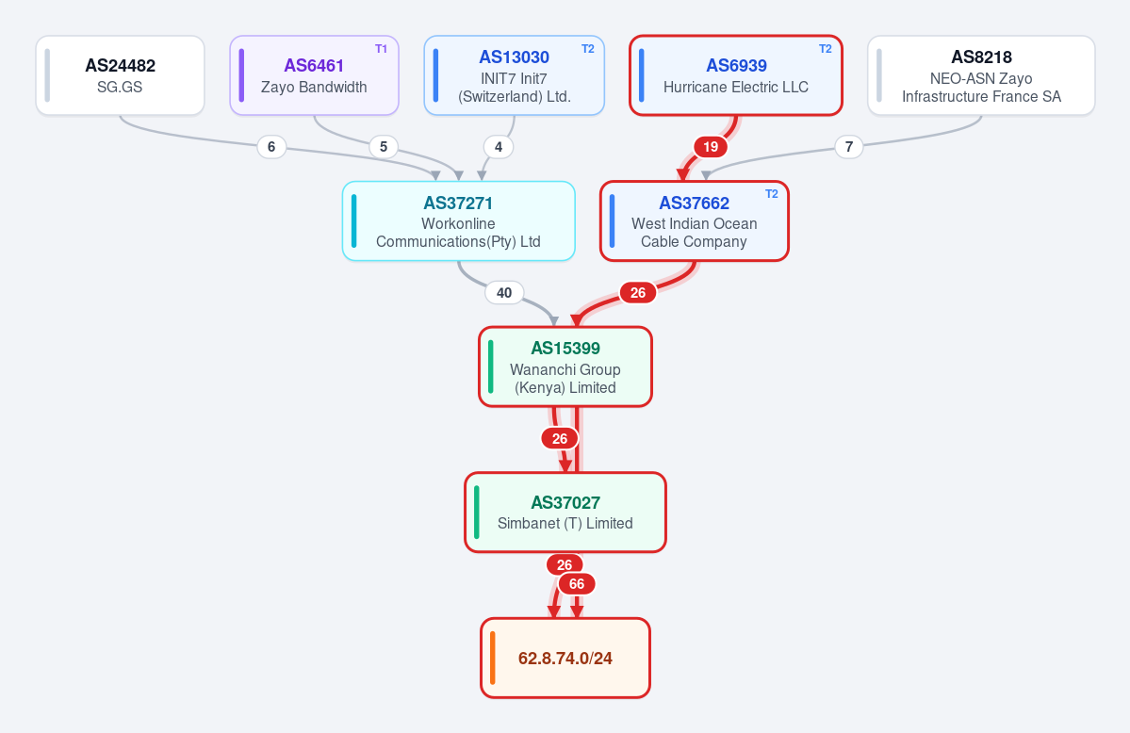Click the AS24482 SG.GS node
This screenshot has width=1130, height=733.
point(121,75)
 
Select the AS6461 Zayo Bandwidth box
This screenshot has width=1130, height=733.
point(314,75)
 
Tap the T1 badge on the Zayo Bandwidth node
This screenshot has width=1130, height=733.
point(382,49)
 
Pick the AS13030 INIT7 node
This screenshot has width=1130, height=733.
point(514,75)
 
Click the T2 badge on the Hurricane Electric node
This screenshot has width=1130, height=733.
point(826,49)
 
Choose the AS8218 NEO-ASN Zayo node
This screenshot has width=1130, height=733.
point(981,75)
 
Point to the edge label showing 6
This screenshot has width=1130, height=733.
point(271,147)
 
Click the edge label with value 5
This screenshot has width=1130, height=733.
point(384,147)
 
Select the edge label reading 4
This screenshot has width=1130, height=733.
point(498,147)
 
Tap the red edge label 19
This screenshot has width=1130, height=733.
point(711,147)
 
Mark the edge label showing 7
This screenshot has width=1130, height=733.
point(849,147)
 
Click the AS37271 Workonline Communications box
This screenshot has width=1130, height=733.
point(458,221)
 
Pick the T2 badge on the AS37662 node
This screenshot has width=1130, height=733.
point(772,194)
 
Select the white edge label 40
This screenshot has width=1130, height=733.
point(504,293)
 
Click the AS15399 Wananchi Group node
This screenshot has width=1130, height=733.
point(565,366)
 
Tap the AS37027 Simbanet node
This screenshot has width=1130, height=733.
point(565,513)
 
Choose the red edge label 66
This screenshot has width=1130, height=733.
point(577,584)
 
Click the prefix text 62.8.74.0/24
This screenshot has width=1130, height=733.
point(565,658)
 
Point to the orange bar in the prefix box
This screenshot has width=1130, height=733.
point(493,658)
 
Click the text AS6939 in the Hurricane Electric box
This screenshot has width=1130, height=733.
point(736,66)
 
